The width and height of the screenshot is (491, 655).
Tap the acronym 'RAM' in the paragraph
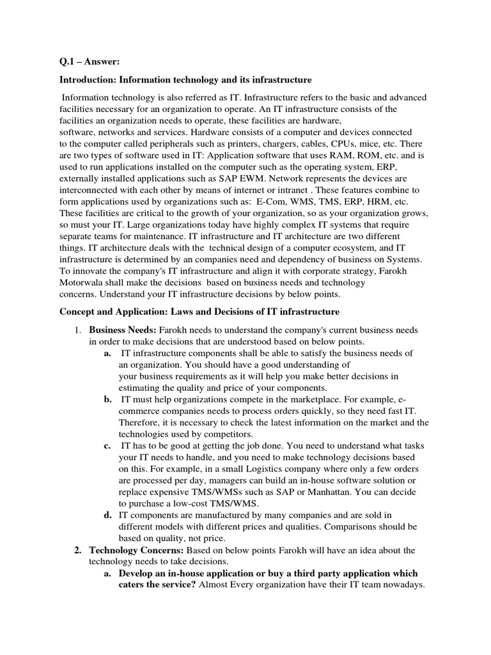[355, 155]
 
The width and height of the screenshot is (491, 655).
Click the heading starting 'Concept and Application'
[199, 312]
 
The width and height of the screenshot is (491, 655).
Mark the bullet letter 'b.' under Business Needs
[108, 399]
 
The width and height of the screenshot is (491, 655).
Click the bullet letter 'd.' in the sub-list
[108, 515]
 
